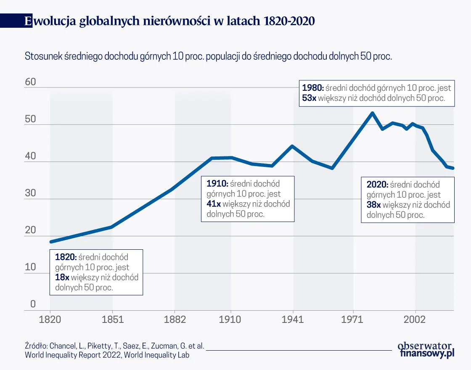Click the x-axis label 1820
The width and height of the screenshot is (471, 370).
pyautogui.click(x=50, y=320)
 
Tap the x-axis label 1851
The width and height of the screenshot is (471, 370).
pyautogui.click(x=113, y=320)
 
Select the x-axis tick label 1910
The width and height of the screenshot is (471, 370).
pyautogui.click(x=230, y=320)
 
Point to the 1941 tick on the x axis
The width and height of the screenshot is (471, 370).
pyautogui.click(x=293, y=320)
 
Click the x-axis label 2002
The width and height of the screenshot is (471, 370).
pyautogui.click(x=415, y=320)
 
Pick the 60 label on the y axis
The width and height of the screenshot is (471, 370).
pyautogui.click(x=30, y=82)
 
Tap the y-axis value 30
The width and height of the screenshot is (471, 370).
pyautogui.click(x=30, y=194)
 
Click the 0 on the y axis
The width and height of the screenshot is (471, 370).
pyautogui.click(x=33, y=305)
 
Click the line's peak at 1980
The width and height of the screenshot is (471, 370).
pyautogui.click(x=372, y=113)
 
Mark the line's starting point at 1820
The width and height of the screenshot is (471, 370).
pyautogui.click(x=50, y=242)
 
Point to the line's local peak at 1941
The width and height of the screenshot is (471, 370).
pyautogui.click(x=292, y=146)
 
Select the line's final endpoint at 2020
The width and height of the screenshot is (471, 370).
pyautogui.click(x=453, y=168)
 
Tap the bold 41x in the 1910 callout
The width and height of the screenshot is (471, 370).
pyautogui.click(x=214, y=204)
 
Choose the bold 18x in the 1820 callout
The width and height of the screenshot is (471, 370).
pyautogui.click(x=62, y=277)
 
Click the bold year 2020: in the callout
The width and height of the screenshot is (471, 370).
pyautogui.click(x=377, y=185)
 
